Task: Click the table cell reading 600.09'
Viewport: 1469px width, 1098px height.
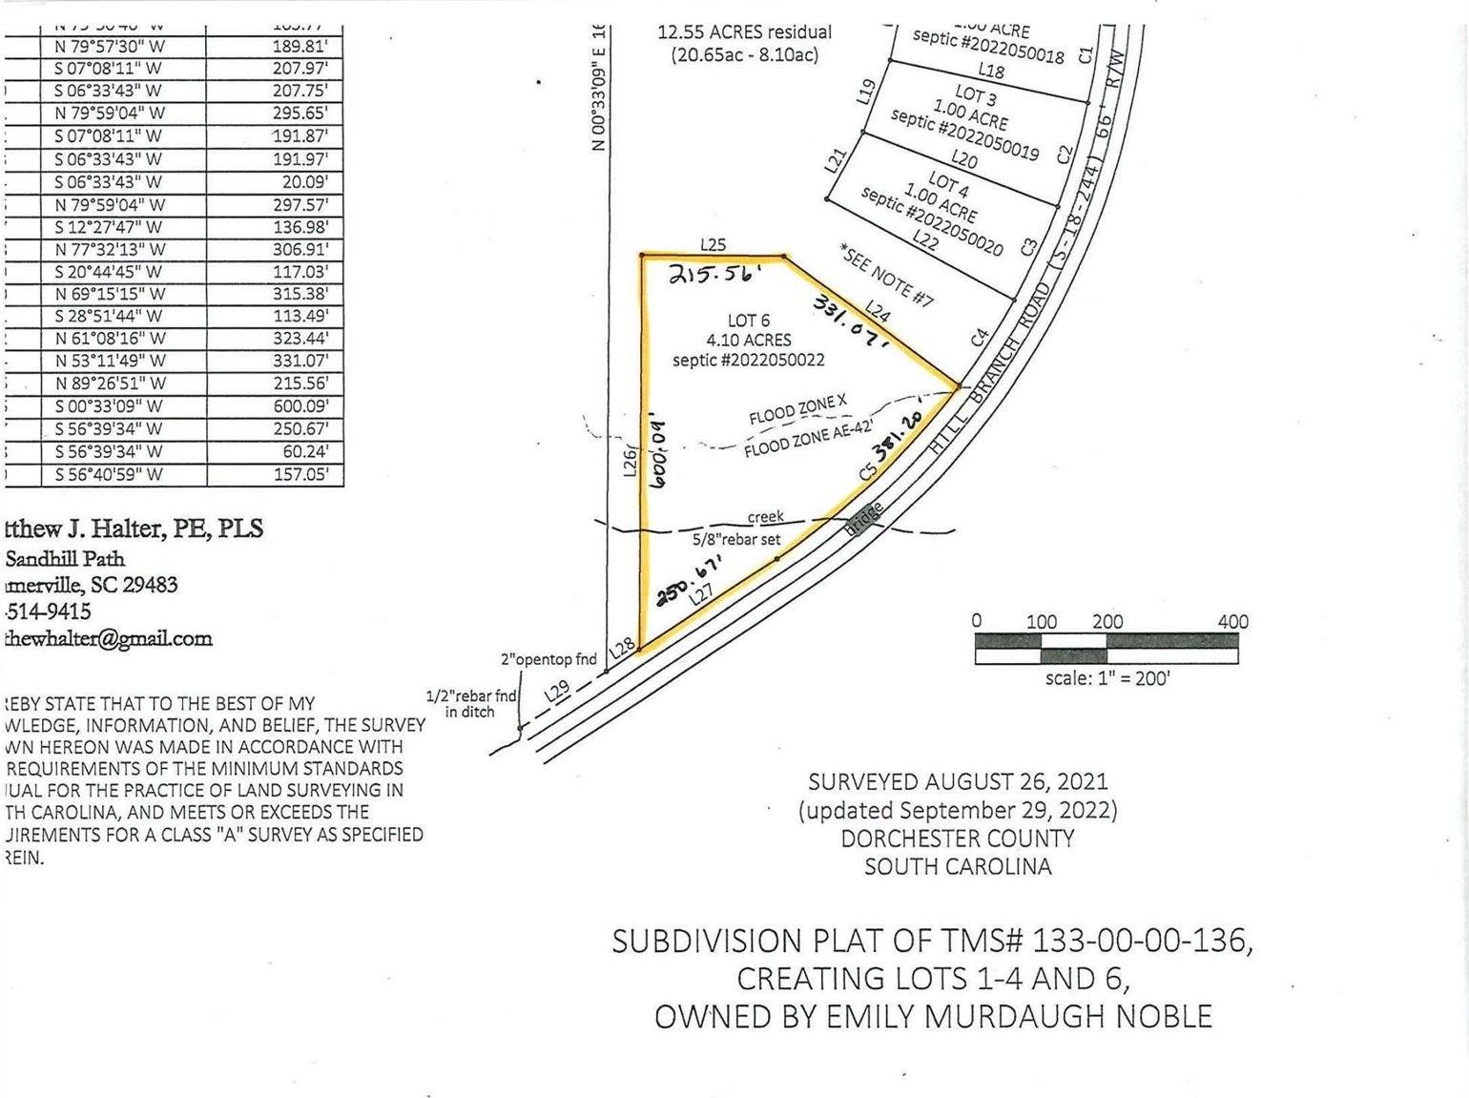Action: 301,406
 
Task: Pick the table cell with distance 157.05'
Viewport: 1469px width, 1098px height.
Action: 301,474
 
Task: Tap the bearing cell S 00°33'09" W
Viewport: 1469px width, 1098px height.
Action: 110,406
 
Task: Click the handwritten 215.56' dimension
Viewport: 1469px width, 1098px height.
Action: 714,274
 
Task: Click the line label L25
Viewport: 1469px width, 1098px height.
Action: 713,245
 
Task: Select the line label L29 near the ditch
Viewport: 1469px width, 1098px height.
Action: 558,692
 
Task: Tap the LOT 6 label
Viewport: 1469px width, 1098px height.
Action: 748,321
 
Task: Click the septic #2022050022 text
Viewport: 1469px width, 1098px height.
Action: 748,360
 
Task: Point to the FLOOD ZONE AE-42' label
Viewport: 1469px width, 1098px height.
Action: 796,442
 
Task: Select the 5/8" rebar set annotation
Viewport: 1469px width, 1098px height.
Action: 736,539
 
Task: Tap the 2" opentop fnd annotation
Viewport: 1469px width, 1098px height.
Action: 548,658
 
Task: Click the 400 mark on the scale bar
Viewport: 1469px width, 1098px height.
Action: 1232,622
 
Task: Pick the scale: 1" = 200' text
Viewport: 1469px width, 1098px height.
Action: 1107,679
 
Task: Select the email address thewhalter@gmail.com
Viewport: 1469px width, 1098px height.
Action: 108,638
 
